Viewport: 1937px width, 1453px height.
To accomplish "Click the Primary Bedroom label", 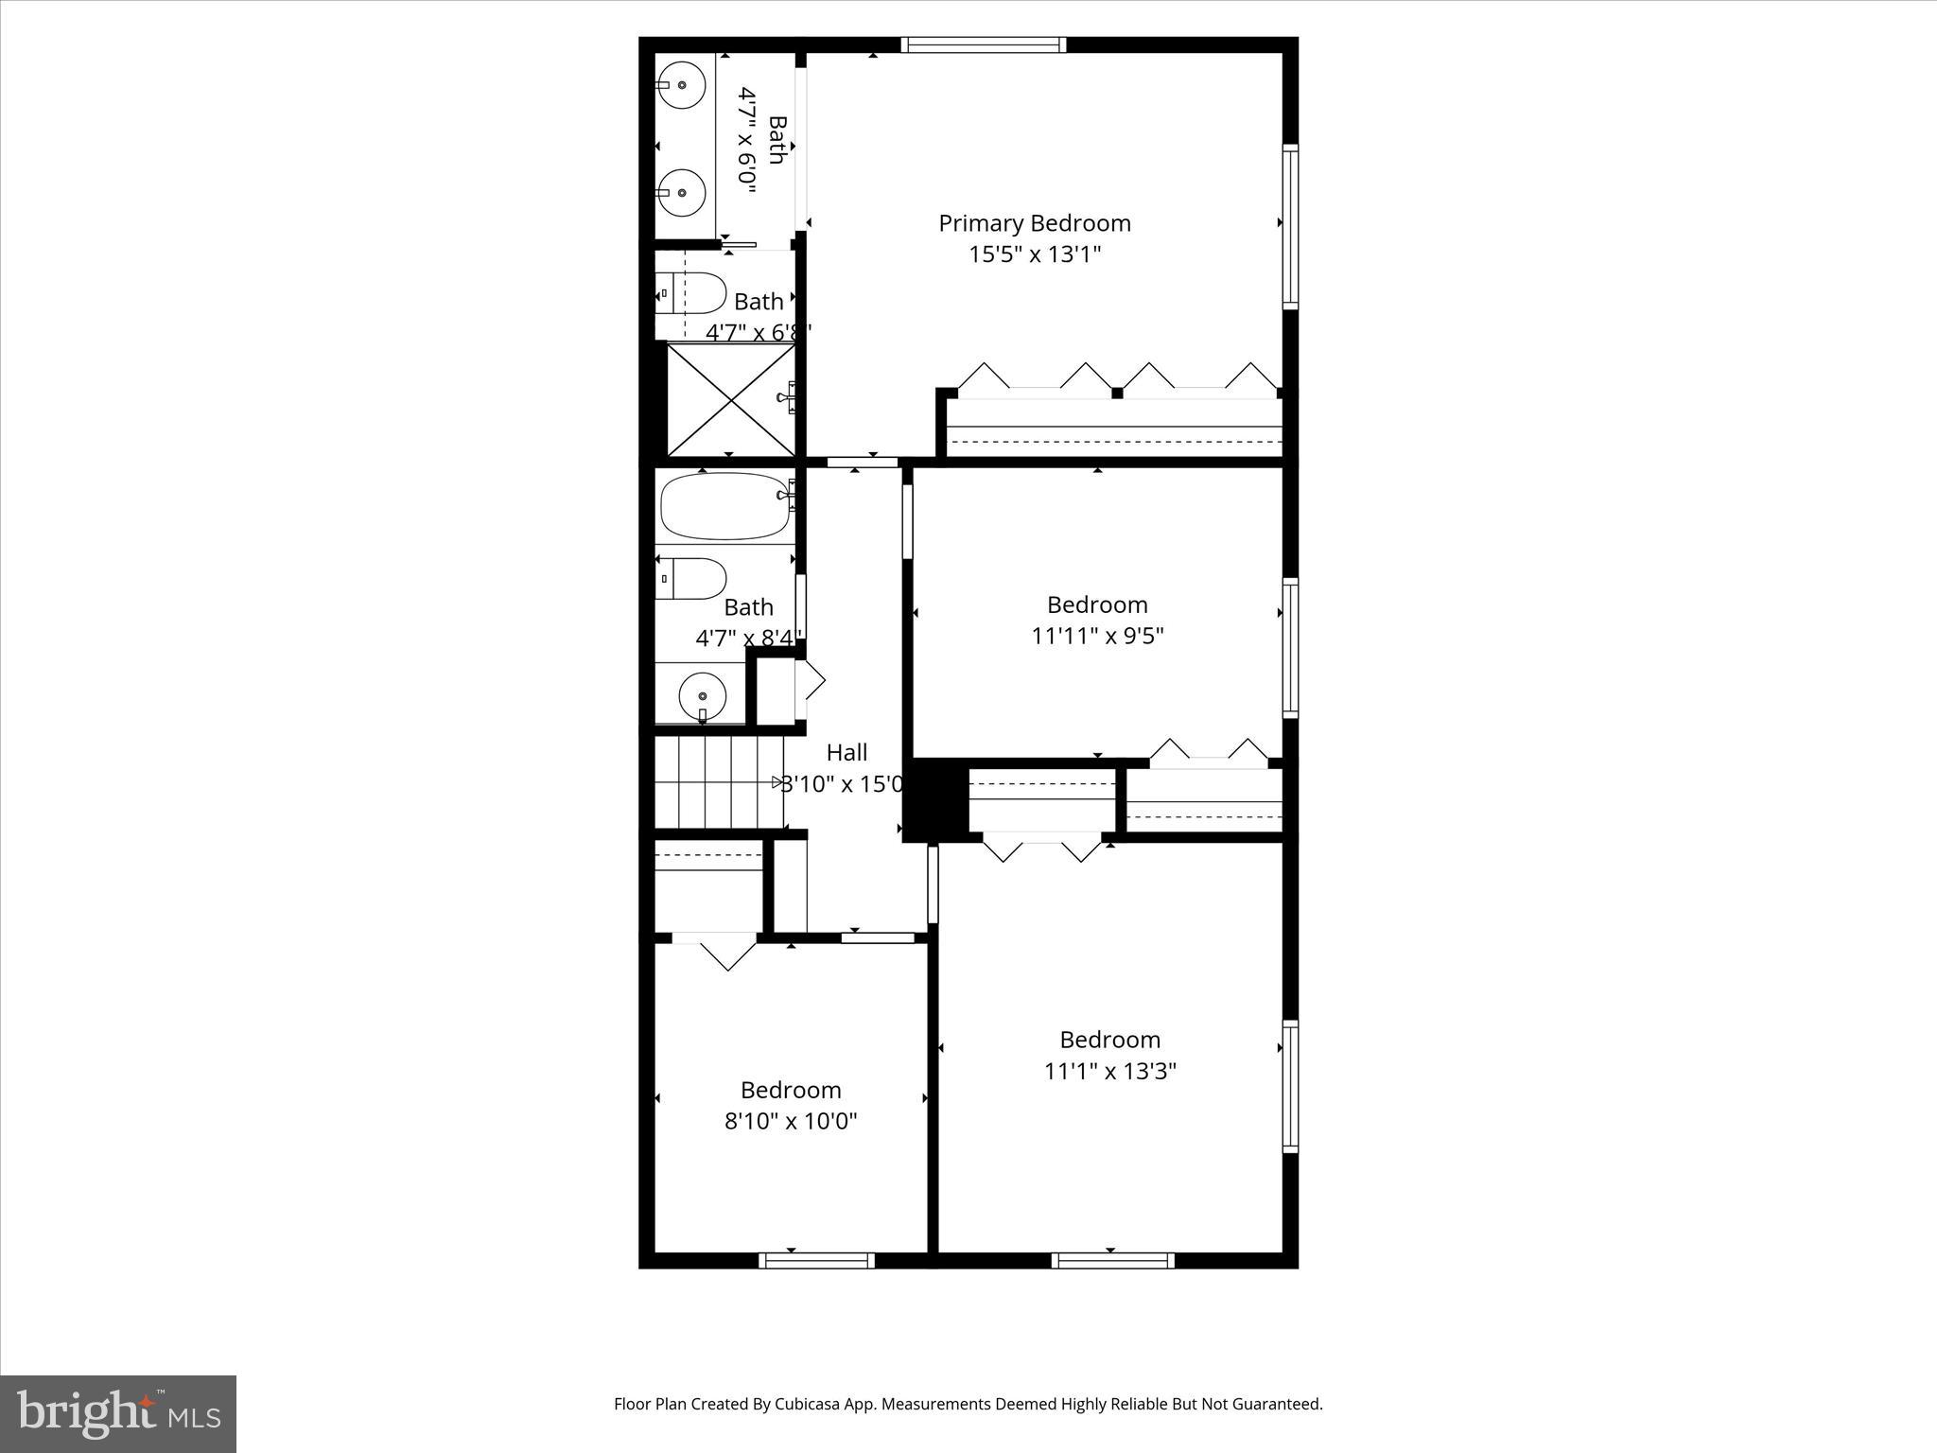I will click(1034, 223).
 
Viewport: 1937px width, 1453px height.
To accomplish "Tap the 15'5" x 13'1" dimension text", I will click(1035, 254).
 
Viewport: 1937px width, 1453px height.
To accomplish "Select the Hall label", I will click(846, 753).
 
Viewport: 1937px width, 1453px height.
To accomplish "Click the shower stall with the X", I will click(731, 400).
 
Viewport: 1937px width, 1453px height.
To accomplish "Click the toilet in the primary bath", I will click(692, 293).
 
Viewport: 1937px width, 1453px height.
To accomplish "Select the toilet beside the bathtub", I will click(692, 578).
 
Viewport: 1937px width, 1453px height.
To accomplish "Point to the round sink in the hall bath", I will click(703, 697).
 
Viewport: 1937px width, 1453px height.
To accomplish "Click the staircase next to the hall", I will click(719, 782).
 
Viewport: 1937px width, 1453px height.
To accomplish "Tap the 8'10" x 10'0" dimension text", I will click(791, 1122).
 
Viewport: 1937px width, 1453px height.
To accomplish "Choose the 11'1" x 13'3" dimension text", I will click(1109, 1072).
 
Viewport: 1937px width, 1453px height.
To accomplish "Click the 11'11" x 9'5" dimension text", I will click(1097, 636).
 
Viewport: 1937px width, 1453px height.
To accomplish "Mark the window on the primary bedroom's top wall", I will click(984, 44).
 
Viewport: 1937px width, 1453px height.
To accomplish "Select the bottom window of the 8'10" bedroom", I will click(817, 1260).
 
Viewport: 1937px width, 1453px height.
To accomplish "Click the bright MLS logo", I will click(118, 1413).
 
